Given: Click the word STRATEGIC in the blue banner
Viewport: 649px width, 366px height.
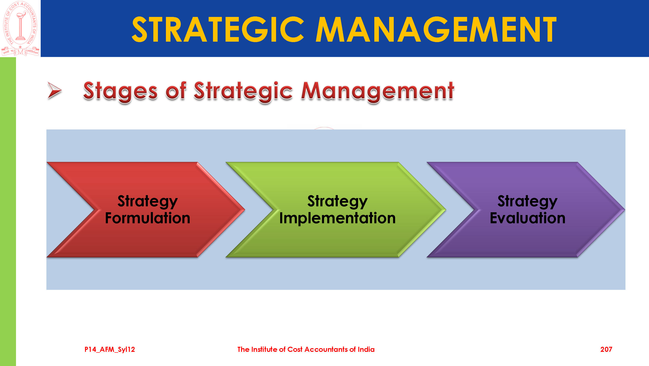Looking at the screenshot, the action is [x=218, y=30].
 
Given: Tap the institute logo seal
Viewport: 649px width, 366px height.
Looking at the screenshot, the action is [x=20, y=28].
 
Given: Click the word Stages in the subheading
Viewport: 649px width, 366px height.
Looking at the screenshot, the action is [x=120, y=91].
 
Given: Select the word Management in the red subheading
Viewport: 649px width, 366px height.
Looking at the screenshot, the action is [x=378, y=91].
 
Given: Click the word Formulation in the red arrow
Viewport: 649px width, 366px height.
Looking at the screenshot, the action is [x=148, y=218].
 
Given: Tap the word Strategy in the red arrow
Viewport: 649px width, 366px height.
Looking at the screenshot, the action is [x=148, y=202].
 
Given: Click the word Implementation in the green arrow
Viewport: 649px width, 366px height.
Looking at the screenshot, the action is [x=337, y=218].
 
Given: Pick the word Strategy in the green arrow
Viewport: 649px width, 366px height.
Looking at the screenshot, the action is [x=337, y=202].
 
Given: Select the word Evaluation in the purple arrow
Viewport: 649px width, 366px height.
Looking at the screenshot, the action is [x=528, y=218].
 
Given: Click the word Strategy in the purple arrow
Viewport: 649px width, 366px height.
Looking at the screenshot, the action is [x=528, y=202].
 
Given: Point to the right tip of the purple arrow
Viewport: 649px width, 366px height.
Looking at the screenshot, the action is [x=625, y=209].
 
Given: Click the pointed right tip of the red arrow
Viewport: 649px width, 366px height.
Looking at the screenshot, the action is [x=244, y=209].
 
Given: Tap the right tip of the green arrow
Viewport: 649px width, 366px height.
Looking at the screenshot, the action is [x=445, y=209].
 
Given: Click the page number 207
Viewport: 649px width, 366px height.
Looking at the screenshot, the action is [x=606, y=349].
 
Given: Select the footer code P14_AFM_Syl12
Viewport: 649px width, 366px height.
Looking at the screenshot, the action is [x=110, y=350].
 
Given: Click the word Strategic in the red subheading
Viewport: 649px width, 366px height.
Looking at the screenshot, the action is [x=243, y=91].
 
